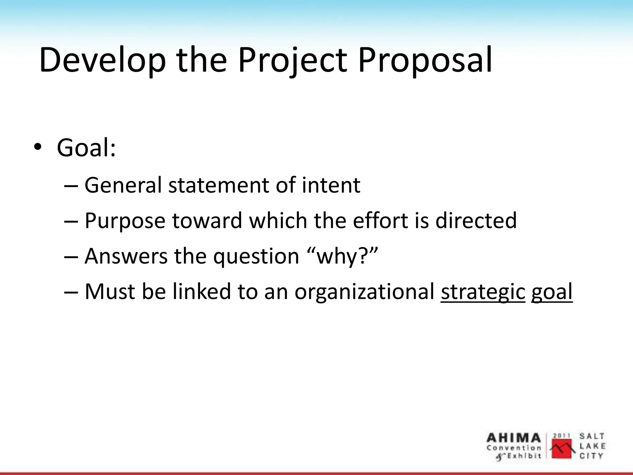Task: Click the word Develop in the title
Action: click(x=102, y=60)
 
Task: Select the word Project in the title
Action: click(x=292, y=60)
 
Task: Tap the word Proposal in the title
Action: click(x=425, y=60)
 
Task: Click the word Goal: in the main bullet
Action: click(x=86, y=148)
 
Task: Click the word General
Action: click(x=123, y=185)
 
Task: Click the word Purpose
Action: click(x=125, y=221)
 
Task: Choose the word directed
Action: click(x=476, y=221)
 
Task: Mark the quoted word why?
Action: click(x=343, y=256)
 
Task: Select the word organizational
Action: click(x=364, y=292)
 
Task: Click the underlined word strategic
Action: click(x=483, y=292)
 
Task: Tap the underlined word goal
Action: click(x=552, y=292)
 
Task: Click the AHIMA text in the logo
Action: click(x=514, y=438)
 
